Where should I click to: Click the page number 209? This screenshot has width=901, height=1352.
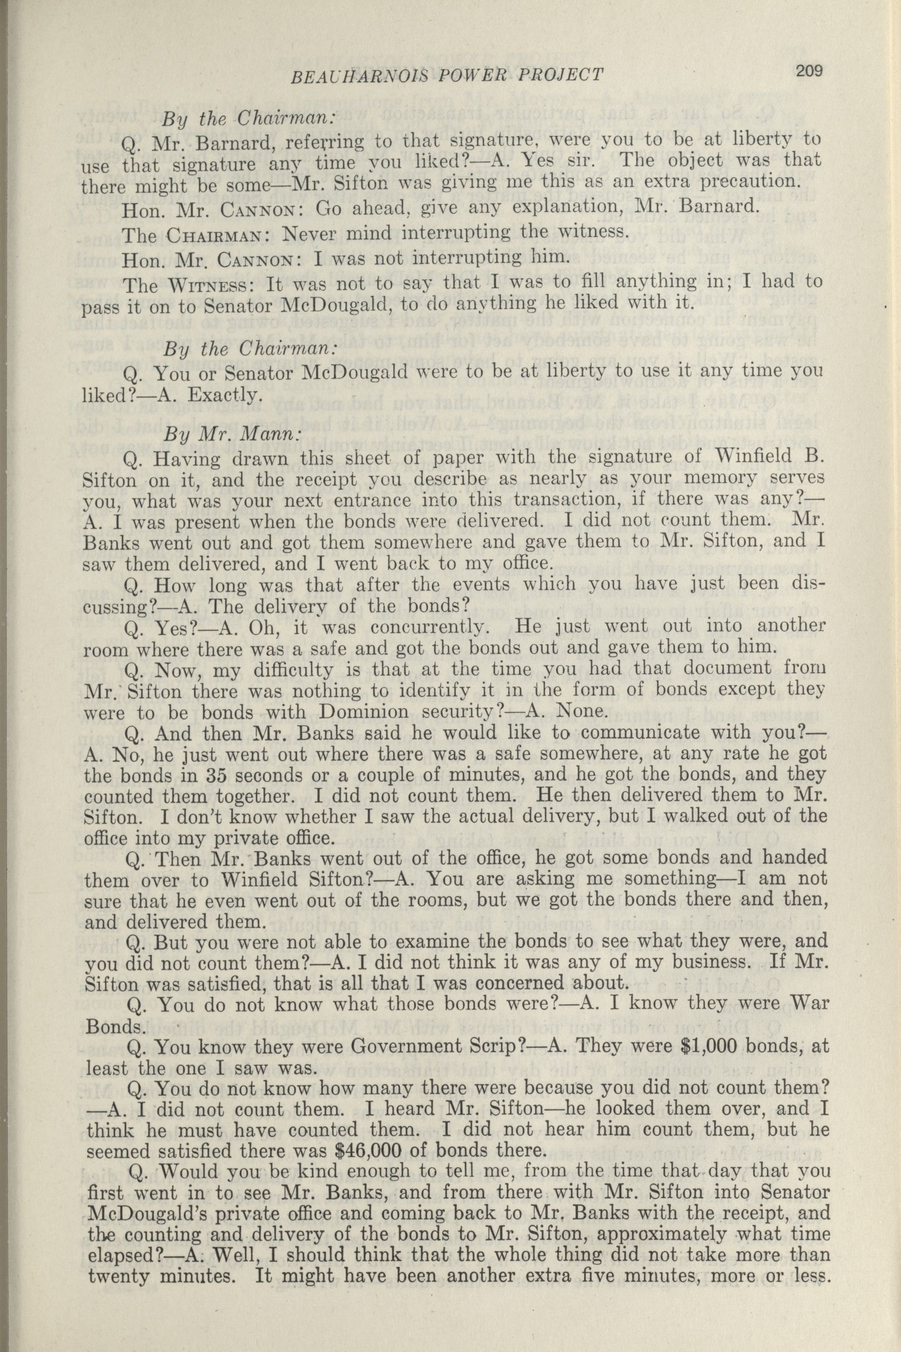810,71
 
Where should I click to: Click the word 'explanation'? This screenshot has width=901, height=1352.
483,208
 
